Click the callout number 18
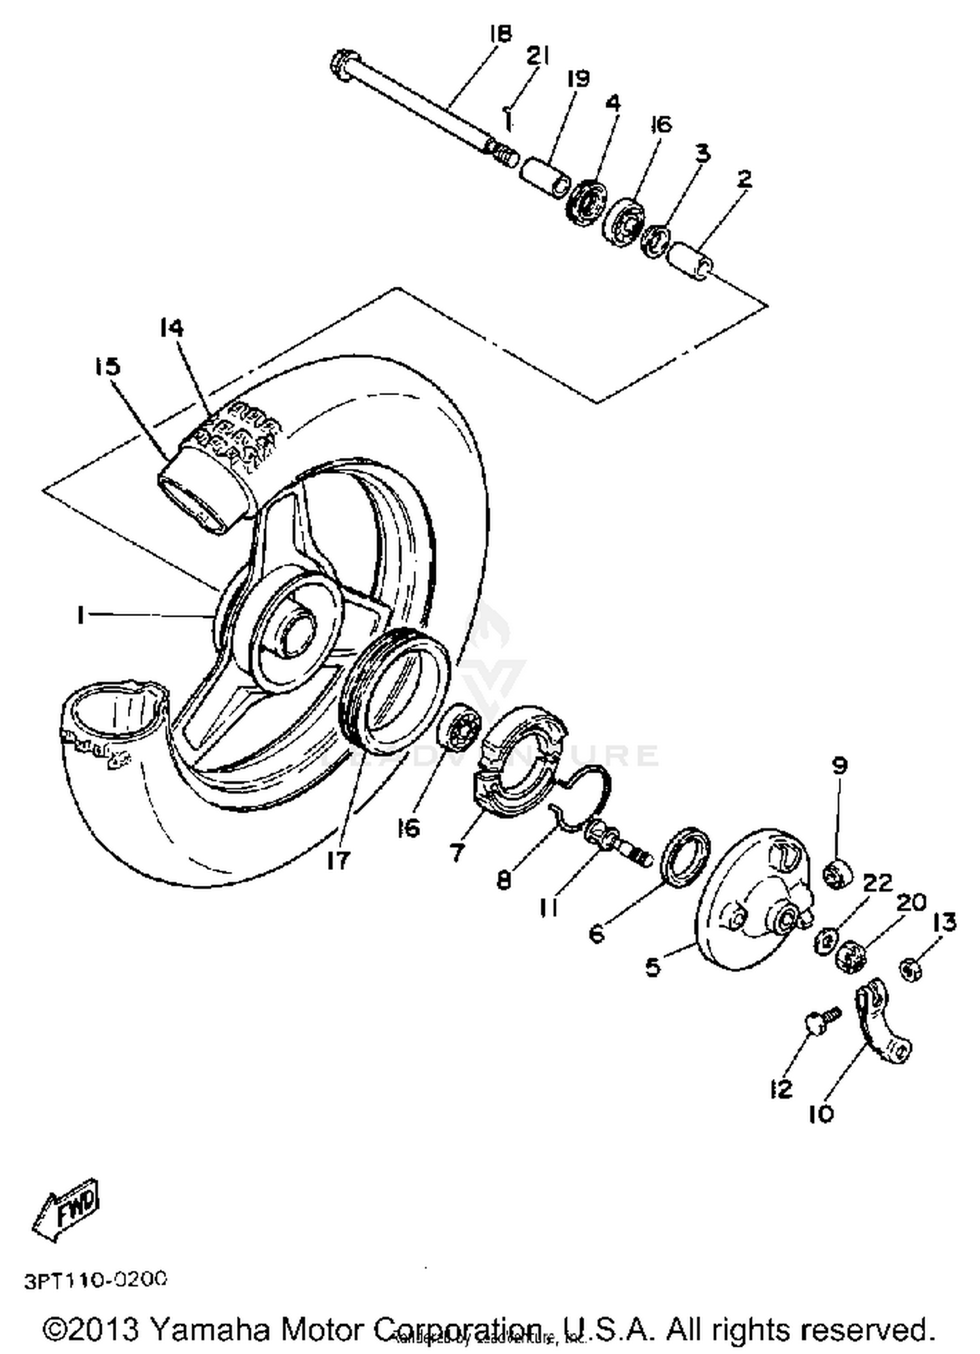(500, 34)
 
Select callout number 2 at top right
(744, 179)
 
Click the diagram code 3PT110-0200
(96, 1280)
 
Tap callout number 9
(840, 765)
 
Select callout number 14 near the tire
(171, 328)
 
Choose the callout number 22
(877, 883)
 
